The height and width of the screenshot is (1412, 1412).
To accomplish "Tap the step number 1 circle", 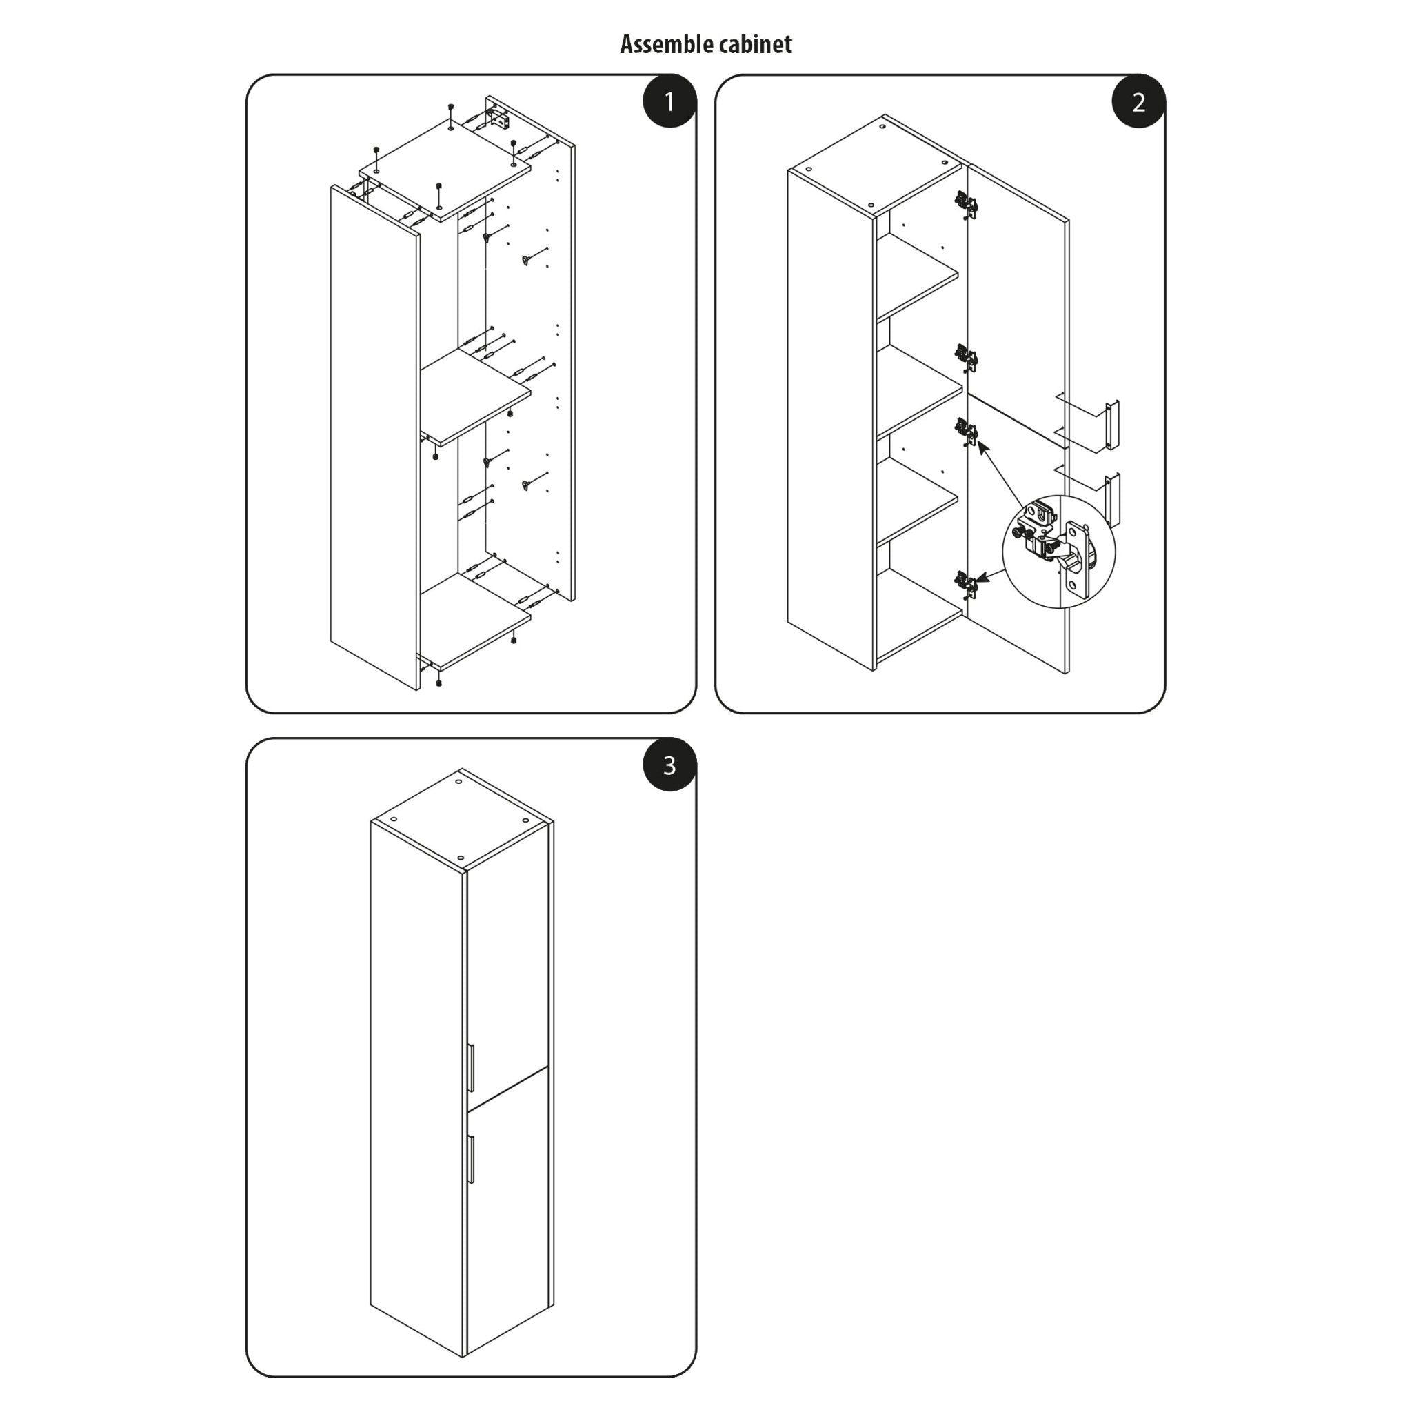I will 669,101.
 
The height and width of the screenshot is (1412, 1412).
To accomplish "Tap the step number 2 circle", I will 1138,101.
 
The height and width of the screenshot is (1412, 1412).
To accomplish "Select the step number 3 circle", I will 669,765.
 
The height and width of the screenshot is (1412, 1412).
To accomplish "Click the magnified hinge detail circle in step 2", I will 1058,551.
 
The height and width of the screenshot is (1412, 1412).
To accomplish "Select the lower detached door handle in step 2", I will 1111,500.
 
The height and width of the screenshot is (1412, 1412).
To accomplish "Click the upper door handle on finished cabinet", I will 472,1067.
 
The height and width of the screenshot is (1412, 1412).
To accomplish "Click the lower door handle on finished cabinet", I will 472,1158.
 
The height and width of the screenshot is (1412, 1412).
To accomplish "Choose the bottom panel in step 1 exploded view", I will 475,620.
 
